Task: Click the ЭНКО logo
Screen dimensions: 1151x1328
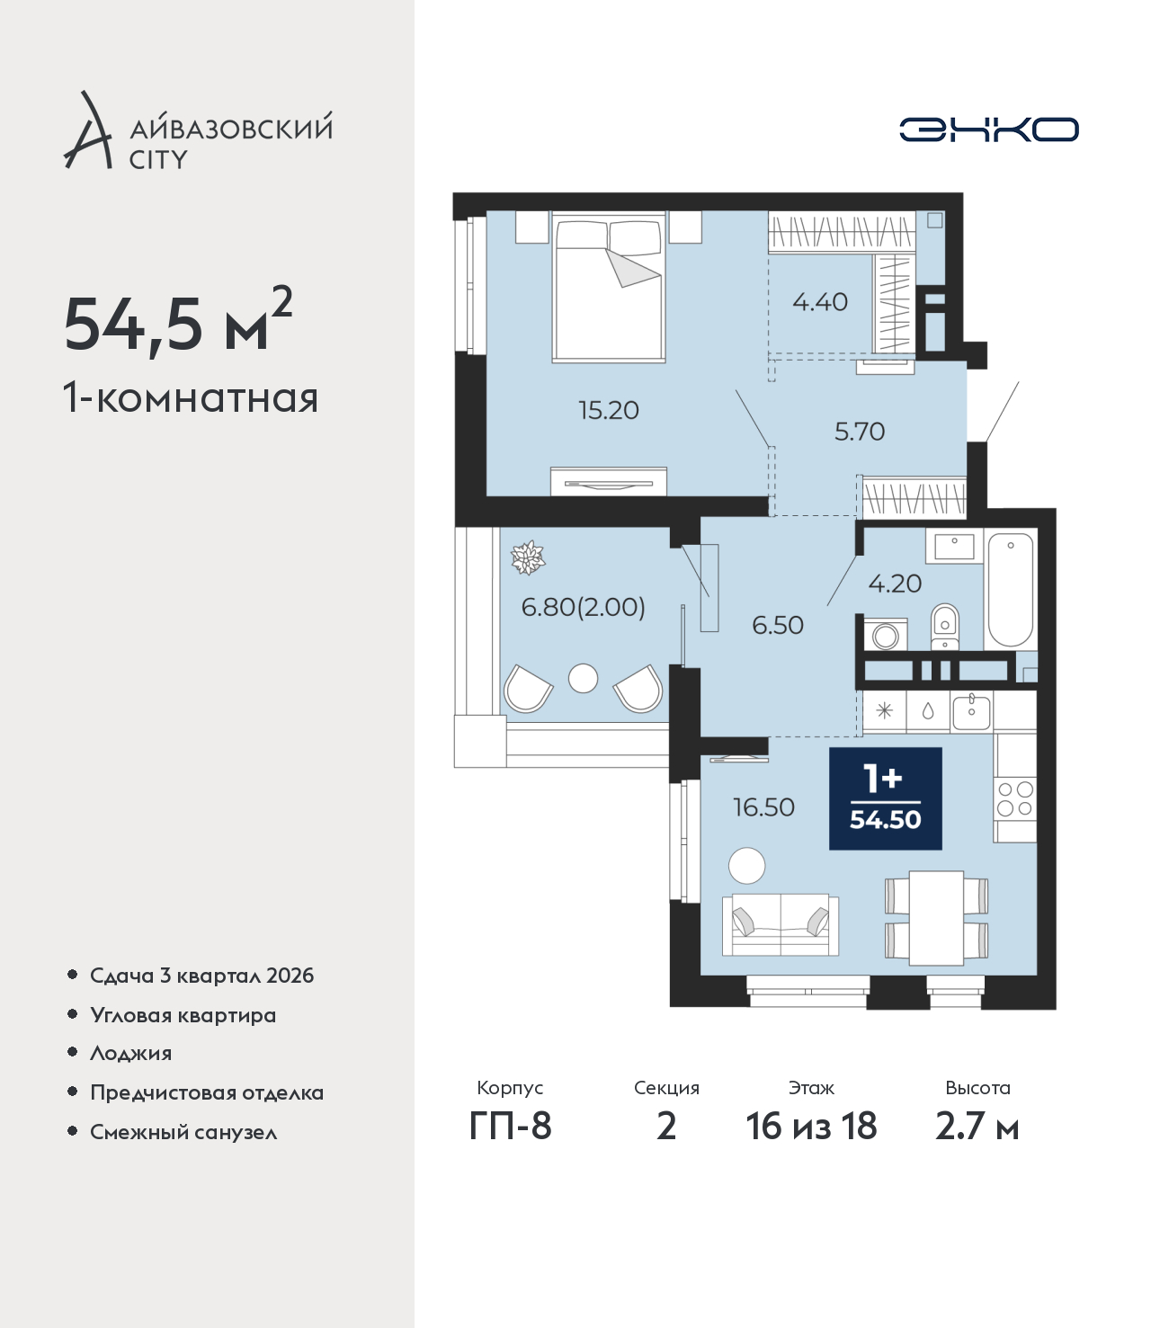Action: coord(988,129)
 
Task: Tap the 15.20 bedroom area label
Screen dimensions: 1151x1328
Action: coord(609,411)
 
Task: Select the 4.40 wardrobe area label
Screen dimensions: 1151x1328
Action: coord(820,301)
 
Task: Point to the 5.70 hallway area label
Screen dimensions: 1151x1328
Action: coord(860,431)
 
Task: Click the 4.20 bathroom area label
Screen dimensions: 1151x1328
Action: coord(895,584)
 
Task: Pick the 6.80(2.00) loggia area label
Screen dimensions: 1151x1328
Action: coord(583,607)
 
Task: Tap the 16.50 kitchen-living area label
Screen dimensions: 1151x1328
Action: coord(763,807)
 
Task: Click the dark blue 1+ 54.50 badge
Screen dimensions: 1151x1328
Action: coord(885,798)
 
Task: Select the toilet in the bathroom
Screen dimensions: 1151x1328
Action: coord(944,627)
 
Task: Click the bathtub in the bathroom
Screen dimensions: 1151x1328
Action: coord(1010,589)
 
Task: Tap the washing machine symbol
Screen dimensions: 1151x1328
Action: coord(886,635)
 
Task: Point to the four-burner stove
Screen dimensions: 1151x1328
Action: coord(1014,798)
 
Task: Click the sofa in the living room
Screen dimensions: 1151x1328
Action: coord(781,925)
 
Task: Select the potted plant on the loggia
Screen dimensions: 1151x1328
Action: coord(528,557)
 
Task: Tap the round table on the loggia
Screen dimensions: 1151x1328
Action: coord(583,678)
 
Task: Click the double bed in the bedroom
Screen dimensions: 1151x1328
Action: coord(609,288)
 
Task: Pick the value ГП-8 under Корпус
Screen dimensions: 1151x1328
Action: coord(510,1127)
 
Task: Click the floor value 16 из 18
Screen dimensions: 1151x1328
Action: coord(811,1127)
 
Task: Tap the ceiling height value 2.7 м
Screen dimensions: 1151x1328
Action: coord(977,1127)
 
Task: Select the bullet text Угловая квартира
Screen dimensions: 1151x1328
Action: coord(183,1016)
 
